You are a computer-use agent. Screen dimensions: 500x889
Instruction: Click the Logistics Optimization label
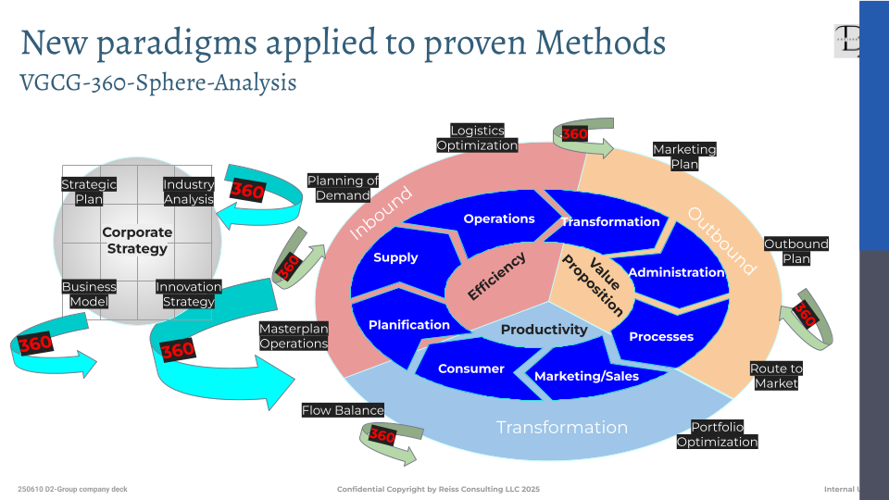(477, 138)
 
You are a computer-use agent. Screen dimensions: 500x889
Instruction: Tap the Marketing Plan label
(684, 156)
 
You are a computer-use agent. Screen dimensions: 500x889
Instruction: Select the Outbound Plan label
(795, 251)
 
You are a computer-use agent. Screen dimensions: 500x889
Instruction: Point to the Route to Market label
(775, 376)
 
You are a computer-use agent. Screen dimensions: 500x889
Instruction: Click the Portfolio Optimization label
(717, 434)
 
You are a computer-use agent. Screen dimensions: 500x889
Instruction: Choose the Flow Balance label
(343, 410)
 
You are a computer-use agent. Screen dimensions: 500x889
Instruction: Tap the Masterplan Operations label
(293, 336)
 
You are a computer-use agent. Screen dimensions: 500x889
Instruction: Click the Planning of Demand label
(343, 188)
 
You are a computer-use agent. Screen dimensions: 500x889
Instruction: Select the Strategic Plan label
(89, 192)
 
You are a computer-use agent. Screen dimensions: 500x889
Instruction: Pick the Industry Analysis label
(188, 192)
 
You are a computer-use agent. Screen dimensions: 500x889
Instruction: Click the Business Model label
(89, 294)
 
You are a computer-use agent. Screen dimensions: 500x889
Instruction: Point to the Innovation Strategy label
(188, 294)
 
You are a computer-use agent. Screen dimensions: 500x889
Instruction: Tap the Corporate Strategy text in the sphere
(137, 241)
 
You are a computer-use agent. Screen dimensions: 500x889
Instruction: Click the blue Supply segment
(395, 257)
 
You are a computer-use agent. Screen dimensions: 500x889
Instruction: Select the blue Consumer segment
(470, 369)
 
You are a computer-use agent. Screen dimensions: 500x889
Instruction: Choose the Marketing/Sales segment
(586, 376)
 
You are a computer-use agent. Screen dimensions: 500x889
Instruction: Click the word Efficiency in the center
(496, 276)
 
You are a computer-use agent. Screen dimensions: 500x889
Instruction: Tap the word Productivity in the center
(544, 330)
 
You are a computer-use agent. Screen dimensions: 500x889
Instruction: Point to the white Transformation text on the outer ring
(561, 427)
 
